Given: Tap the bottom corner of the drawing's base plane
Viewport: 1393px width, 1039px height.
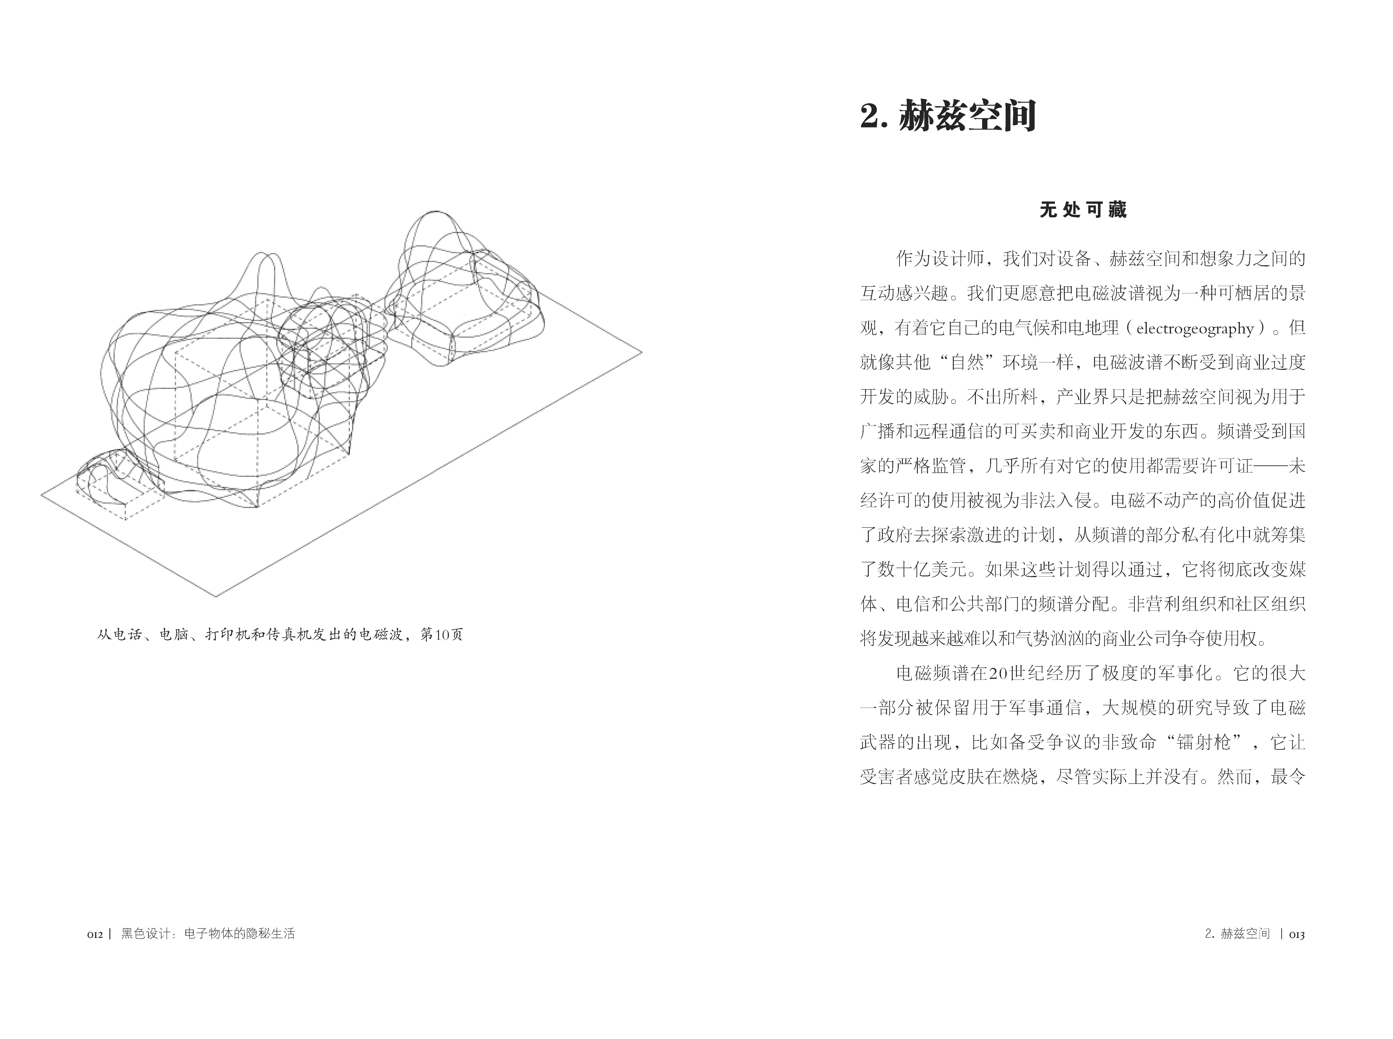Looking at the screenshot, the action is tap(216, 596).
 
